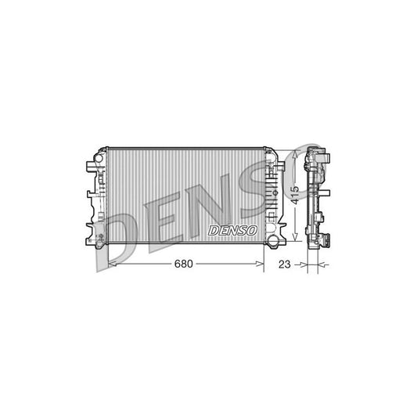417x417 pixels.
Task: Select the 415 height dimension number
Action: click(x=295, y=192)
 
